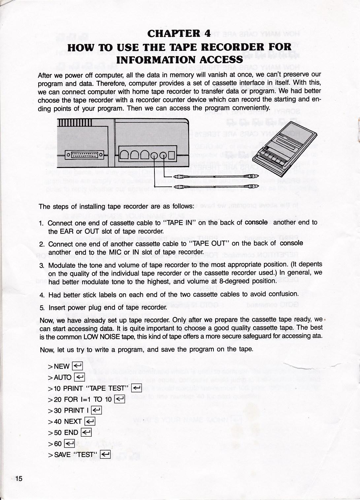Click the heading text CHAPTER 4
[179, 34]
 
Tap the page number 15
[19, 479]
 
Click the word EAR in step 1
[66, 231]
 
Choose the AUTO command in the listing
[63, 377]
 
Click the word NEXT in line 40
[73, 421]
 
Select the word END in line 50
[71, 433]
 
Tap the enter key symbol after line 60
[69, 444]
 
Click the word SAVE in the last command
[62, 455]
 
